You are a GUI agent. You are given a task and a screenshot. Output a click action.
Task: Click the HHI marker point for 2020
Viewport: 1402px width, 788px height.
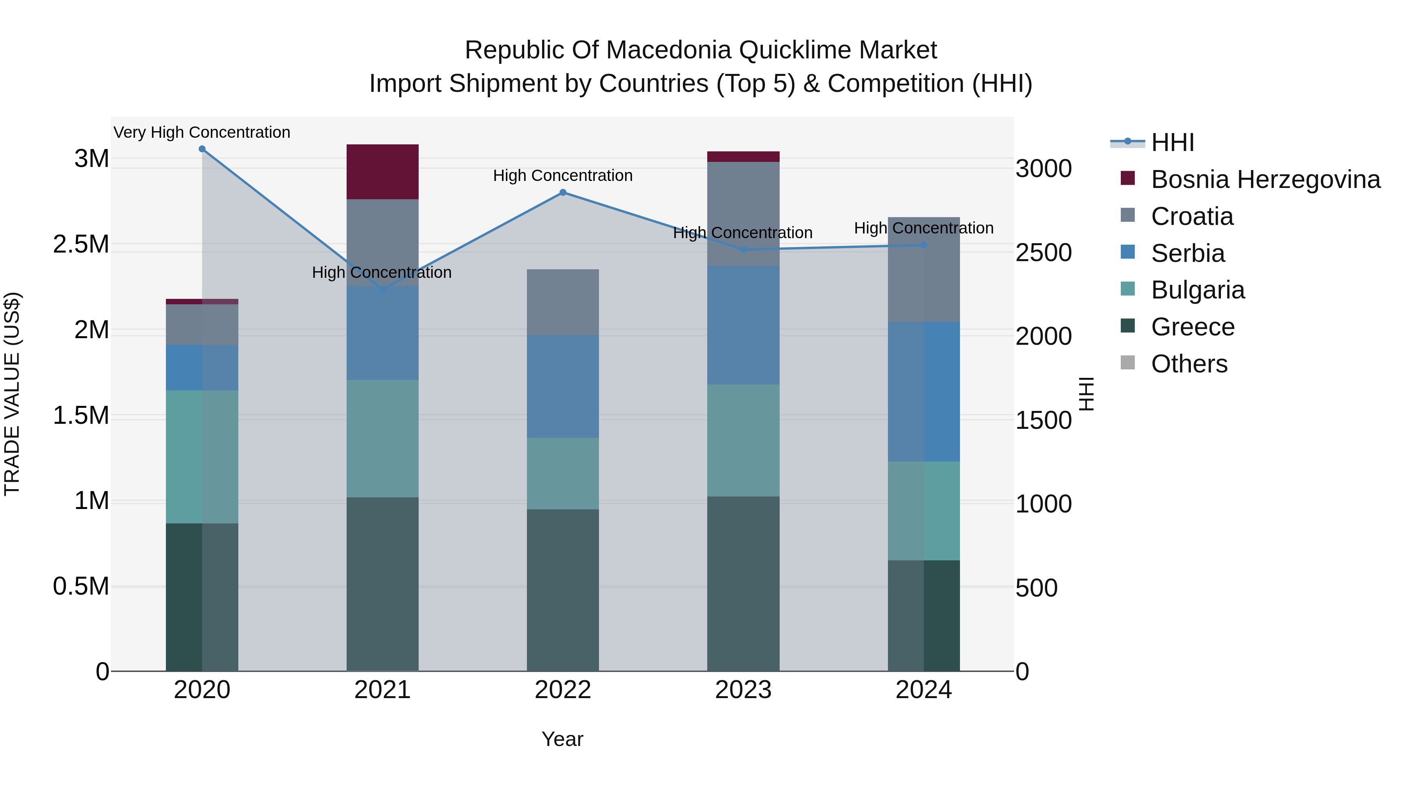coord(202,149)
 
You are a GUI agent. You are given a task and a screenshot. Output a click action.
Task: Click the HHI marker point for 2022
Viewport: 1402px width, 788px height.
coord(563,193)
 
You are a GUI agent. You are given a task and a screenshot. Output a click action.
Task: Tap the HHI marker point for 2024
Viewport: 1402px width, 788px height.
coord(924,245)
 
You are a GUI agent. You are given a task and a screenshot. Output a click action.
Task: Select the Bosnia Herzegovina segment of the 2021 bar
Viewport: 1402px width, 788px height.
coord(382,172)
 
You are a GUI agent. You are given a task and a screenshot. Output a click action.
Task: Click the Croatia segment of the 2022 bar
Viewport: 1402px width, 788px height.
coord(563,302)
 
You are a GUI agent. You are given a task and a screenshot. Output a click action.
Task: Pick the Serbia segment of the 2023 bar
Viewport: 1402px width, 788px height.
coord(743,325)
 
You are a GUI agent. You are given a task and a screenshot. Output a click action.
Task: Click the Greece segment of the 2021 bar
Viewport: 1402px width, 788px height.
coord(382,584)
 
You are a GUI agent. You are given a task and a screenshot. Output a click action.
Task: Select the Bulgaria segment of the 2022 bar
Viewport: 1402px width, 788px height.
coord(563,474)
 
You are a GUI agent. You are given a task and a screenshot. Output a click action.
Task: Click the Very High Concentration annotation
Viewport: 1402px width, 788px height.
coord(202,133)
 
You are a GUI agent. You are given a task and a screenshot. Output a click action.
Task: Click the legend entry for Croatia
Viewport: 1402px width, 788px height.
coord(1192,216)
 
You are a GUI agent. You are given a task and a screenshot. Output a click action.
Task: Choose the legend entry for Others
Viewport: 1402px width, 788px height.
coord(1189,364)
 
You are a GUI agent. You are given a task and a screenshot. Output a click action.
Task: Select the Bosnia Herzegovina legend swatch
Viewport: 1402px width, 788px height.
coord(1128,178)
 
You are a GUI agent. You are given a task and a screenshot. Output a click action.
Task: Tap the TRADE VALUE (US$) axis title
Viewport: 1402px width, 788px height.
coord(12,394)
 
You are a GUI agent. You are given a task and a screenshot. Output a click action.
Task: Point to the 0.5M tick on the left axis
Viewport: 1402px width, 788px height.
coord(81,587)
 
